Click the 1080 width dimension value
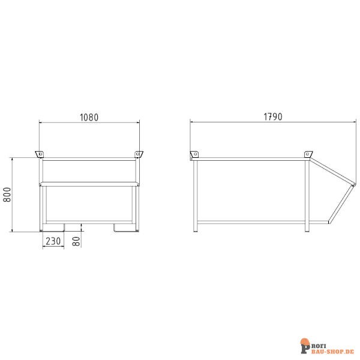[x=89, y=117]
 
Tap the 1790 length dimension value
[x=272, y=115]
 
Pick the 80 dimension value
[x=76, y=240]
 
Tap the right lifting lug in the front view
[x=139, y=155]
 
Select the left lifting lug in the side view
[x=194, y=155]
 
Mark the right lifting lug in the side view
[x=308, y=155]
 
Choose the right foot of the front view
[x=123, y=227]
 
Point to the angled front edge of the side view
[x=340, y=202]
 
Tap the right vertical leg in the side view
[x=307, y=195]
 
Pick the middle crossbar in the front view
[x=89, y=184]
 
